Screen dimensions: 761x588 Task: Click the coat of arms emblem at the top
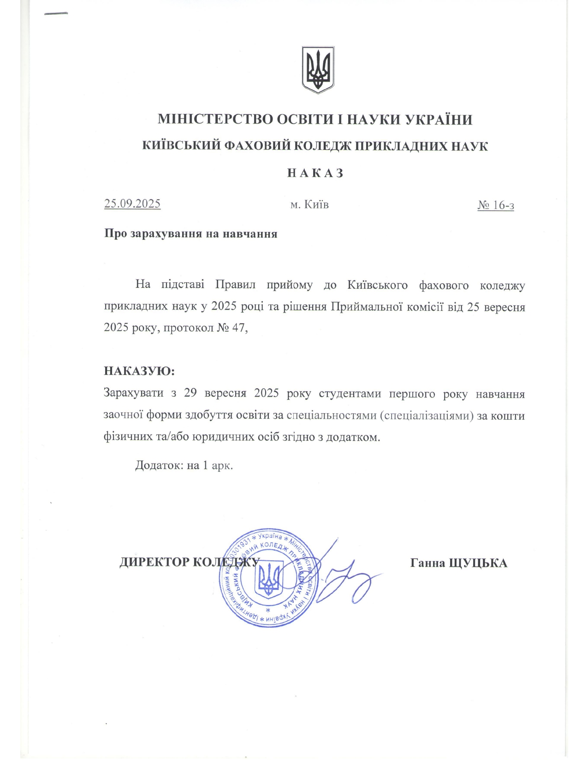[318, 70]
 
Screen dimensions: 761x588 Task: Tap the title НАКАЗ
[315, 173]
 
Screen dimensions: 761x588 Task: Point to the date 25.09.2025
[132, 204]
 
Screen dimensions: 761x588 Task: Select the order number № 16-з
[496, 205]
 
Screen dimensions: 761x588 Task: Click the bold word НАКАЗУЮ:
[139, 371]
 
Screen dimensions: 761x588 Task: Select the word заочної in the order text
[123, 415]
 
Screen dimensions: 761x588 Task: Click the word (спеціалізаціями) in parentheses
[427, 416]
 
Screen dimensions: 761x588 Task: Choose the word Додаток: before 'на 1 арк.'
[159, 465]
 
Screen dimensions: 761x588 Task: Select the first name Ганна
[428, 563]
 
